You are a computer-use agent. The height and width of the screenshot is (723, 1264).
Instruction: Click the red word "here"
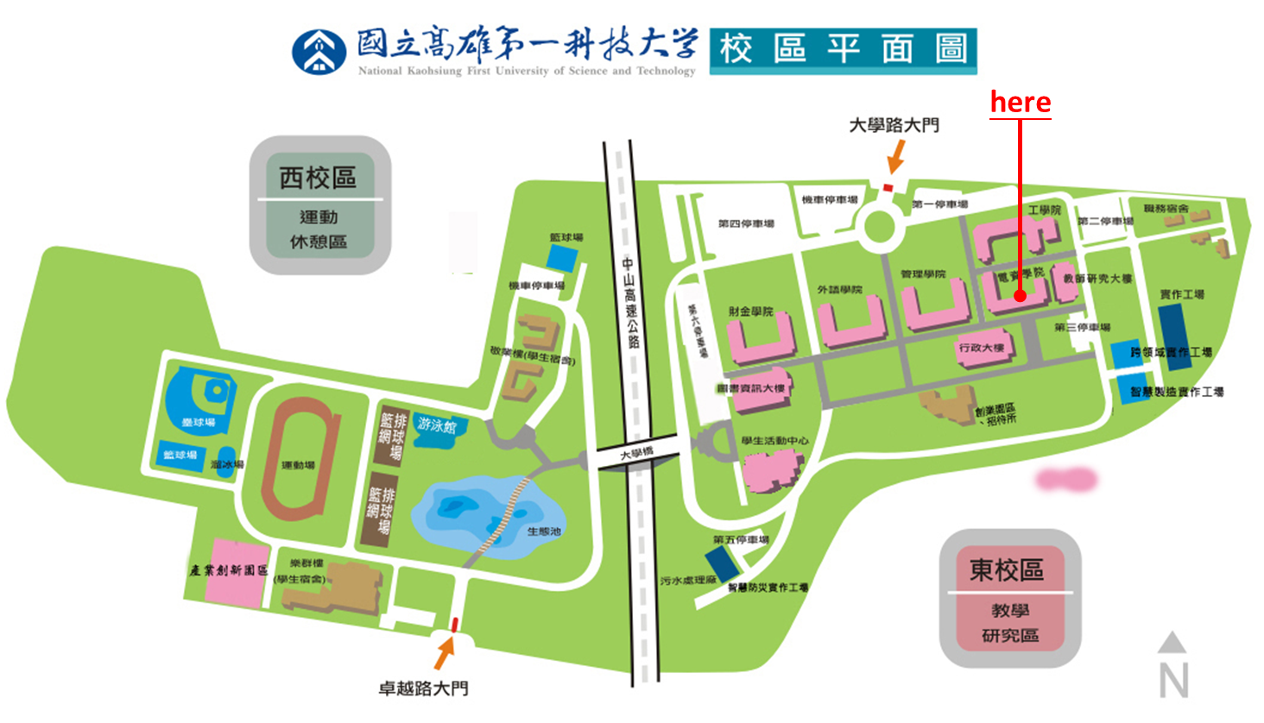tap(1020, 102)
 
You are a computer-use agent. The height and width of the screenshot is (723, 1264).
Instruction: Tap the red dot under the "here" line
tap(1020, 296)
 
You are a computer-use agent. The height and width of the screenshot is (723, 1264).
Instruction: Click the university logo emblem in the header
tap(319, 52)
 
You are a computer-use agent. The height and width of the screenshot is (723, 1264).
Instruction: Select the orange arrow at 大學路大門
tap(896, 157)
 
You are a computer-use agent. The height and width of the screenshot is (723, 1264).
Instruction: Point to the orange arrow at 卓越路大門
tap(444, 652)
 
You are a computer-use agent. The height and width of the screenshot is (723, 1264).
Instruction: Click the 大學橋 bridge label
tap(637, 453)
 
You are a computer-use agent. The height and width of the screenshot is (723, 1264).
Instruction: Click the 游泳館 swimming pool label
tap(437, 424)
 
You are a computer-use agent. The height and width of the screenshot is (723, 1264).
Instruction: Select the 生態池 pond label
tap(544, 531)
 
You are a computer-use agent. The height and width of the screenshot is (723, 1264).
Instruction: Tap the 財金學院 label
tap(750, 311)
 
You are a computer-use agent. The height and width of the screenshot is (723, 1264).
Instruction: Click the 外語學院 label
tap(839, 289)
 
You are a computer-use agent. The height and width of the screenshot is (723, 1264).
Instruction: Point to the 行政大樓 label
tap(982, 348)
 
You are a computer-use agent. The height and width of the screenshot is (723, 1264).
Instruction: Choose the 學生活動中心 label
tap(774, 441)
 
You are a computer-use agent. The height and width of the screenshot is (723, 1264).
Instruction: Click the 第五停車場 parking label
tap(741, 540)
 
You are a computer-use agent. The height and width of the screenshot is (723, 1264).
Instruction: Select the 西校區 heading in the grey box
tap(318, 178)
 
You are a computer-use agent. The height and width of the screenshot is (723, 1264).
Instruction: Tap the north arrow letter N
tap(1172, 680)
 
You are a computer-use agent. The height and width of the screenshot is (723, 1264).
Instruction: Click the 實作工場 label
tap(1182, 295)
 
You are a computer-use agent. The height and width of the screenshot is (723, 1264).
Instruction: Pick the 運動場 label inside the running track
tap(298, 466)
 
